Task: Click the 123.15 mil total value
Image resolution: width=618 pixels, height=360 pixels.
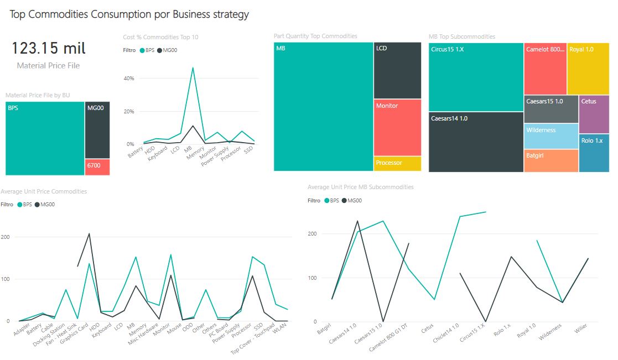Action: [49, 49]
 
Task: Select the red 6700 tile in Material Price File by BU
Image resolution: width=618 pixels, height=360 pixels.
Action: [97, 167]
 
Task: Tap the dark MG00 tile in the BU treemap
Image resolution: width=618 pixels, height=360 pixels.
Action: [97, 130]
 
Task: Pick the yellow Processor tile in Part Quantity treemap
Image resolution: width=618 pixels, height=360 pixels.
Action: [397, 164]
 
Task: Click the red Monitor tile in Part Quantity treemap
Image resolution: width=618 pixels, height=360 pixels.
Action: [397, 127]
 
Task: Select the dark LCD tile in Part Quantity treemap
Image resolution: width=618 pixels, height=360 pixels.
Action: [397, 70]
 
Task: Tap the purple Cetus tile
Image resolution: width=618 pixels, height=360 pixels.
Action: [594, 114]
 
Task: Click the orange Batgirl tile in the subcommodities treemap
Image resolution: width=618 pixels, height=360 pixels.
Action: [551, 161]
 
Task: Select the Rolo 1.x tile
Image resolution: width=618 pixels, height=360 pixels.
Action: [594, 153]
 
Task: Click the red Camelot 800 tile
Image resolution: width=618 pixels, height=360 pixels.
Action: [545, 69]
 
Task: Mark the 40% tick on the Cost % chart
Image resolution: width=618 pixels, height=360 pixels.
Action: [129, 79]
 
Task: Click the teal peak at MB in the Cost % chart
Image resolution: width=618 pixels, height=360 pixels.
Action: [193, 68]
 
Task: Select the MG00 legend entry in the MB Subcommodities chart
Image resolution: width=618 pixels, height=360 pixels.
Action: [352, 201]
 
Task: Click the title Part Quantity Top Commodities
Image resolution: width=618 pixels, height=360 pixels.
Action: [315, 36]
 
